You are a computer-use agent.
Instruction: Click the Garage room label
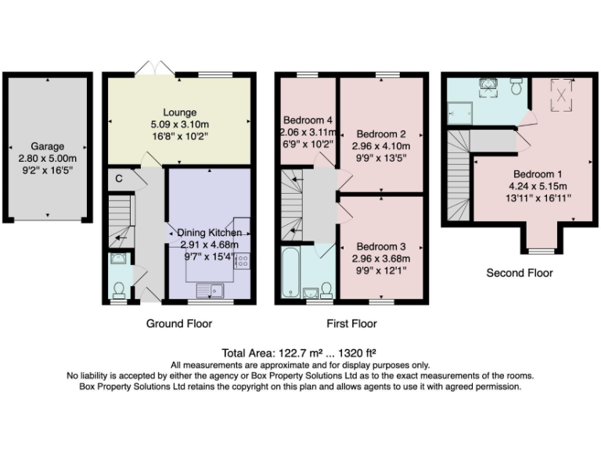point(48,146)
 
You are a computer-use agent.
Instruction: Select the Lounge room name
point(179,112)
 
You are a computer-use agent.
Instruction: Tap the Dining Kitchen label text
point(209,232)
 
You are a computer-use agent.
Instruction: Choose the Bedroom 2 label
point(381,133)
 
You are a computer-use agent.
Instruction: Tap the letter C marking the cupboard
point(117,177)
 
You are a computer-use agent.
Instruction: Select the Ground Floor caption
point(178,323)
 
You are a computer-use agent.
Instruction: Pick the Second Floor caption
point(520,273)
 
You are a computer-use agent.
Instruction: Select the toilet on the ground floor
point(117,290)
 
